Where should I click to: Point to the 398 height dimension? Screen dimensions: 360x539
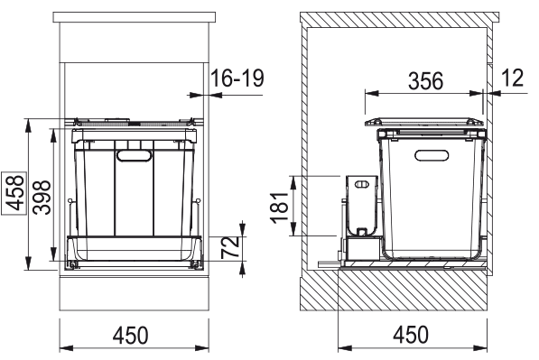tap(39, 191)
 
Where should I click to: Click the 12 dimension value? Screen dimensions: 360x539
tap(511, 79)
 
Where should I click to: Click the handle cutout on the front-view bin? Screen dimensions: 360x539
tap(135, 157)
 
